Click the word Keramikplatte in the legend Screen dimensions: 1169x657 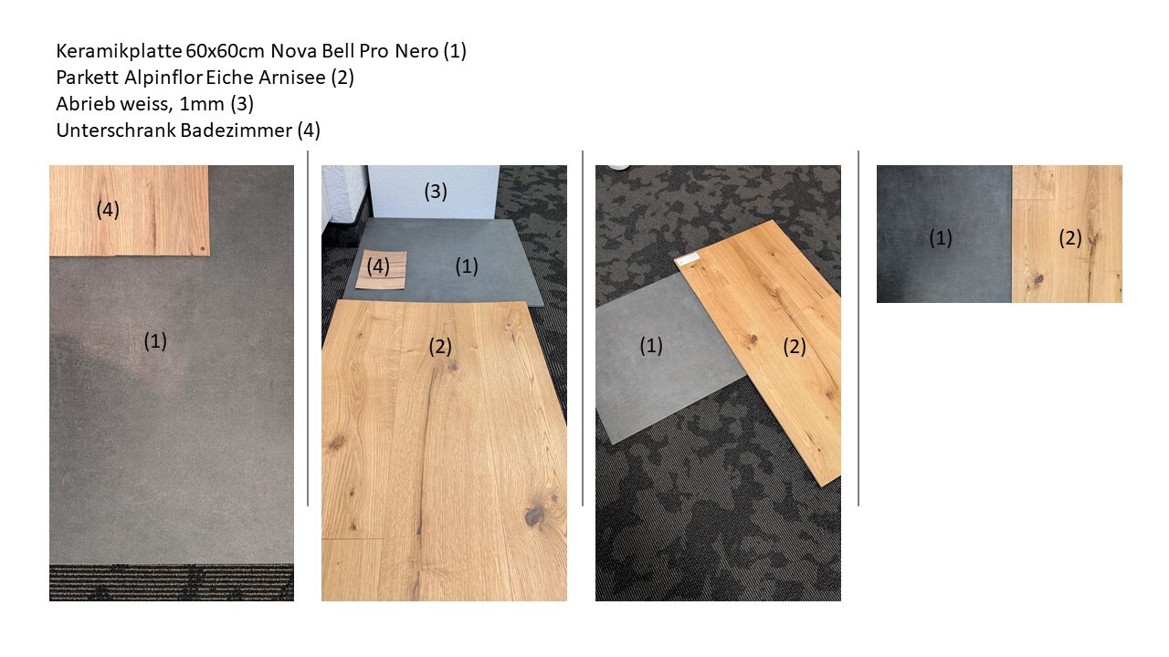[x=120, y=51]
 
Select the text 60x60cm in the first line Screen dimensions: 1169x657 [x=226, y=51]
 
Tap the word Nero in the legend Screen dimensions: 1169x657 [x=416, y=51]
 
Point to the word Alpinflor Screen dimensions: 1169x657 [x=163, y=78]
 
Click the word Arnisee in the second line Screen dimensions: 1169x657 [x=292, y=78]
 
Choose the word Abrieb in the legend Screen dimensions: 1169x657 [x=86, y=104]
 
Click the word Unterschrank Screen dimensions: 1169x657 [x=116, y=130]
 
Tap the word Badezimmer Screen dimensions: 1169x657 [x=237, y=130]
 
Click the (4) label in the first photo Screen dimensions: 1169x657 [x=108, y=210]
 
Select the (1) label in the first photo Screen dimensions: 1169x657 [x=155, y=341]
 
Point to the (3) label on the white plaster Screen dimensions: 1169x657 [x=436, y=192]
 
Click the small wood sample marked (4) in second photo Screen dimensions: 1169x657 [x=381, y=269]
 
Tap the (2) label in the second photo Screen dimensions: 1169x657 [x=440, y=346]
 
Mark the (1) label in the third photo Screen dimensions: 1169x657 [x=651, y=346]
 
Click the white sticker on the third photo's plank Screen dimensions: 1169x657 [x=687, y=258]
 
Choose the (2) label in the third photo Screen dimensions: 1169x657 [x=795, y=347]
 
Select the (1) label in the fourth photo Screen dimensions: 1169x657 [x=941, y=238]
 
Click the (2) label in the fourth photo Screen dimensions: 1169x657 [x=1070, y=238]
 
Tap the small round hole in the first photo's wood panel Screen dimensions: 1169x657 [x=203, y=249]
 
